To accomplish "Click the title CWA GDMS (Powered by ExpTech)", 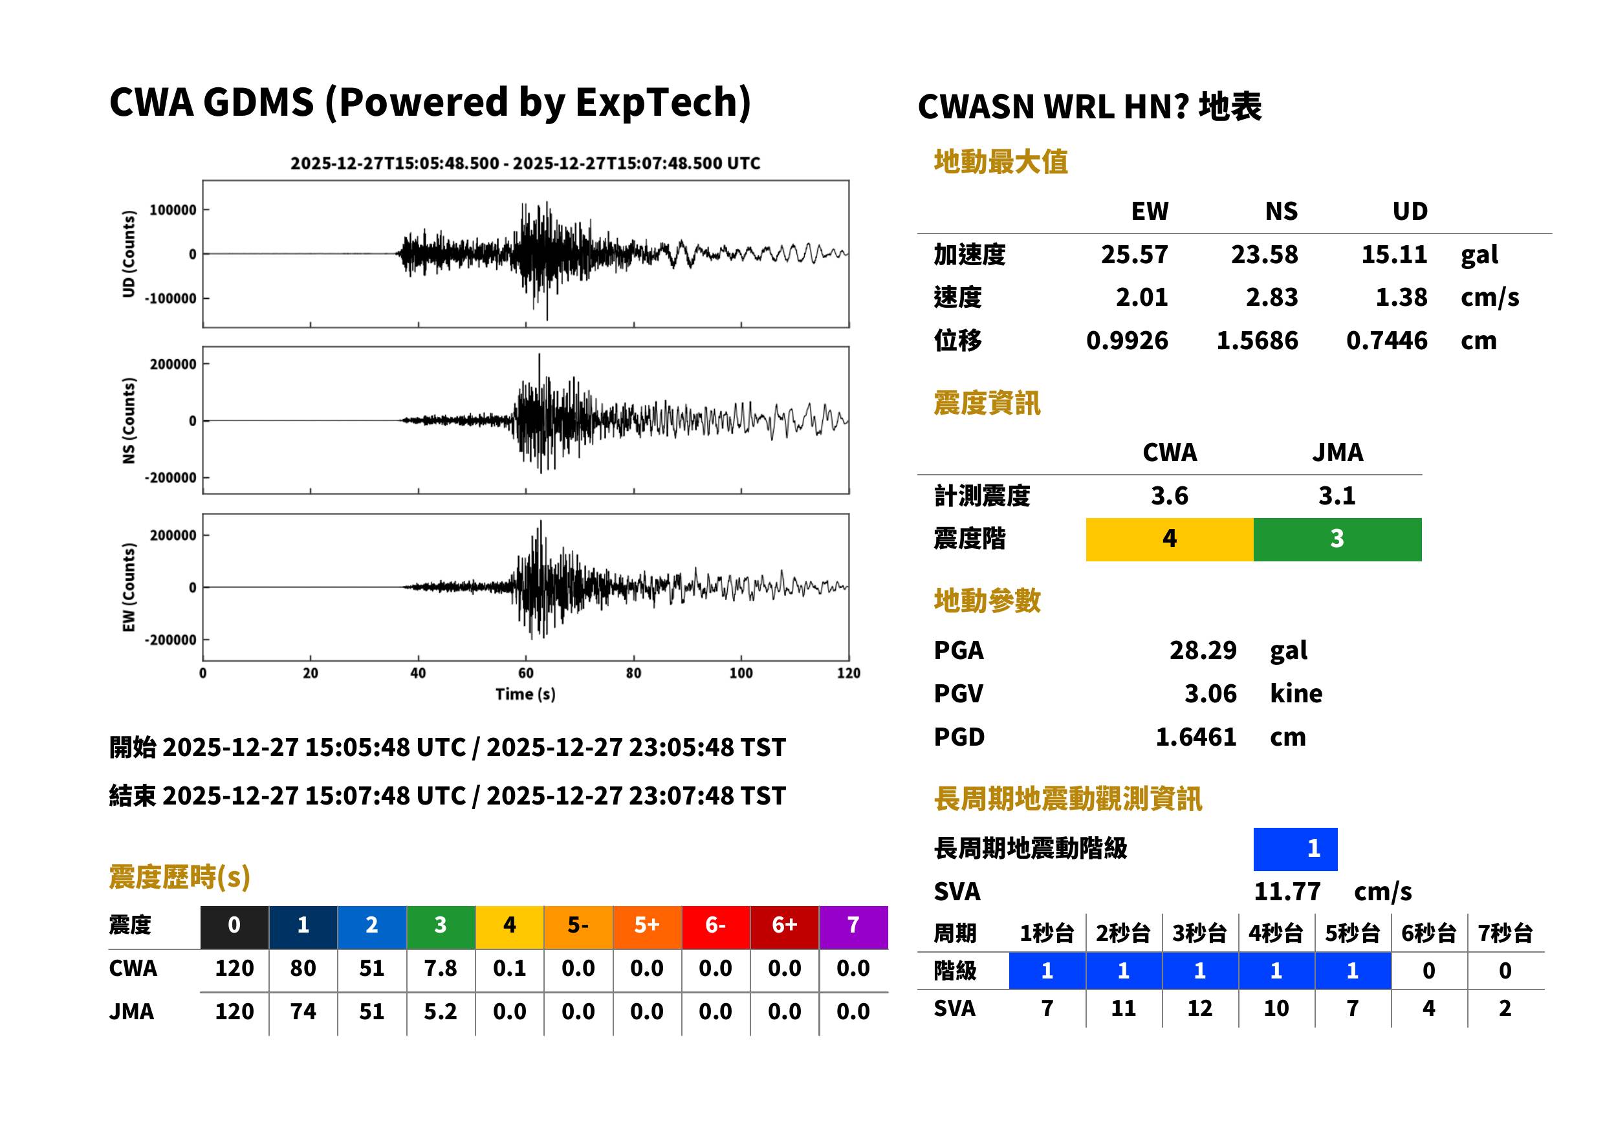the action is [x=430, y=103].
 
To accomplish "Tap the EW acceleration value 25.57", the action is [x=1133, y=255].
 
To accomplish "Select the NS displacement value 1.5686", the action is [x=1256, y=341].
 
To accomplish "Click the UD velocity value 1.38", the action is [x=1401, y=297].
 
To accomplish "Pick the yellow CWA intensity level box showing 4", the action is [x=1170, y=539].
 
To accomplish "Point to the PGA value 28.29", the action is [x=1203, y=650].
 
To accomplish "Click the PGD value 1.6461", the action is [x=1196, y=737].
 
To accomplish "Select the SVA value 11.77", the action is [x=1287, y=891].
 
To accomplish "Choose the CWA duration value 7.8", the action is [x=441, y=968].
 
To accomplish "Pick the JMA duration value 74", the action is [x=303, y=1011].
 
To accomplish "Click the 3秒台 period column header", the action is [x=1199, y=933].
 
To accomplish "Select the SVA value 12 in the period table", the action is [x=1199, y=1008].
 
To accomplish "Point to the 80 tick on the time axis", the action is [x=633, y=673].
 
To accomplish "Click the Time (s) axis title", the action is [x=525, y=695].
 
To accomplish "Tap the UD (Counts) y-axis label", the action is [x=129, y=254].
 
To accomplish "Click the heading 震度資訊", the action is [x=987, y=404].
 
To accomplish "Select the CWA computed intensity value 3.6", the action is [x=1170, y=496].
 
